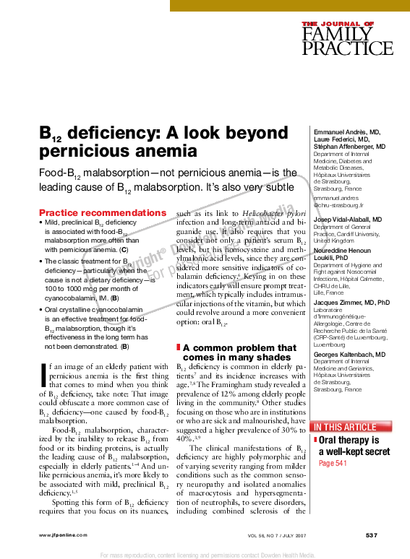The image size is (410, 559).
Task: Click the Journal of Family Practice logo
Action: click(x=338, y=38)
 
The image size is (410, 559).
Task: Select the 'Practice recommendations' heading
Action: click(x=102, y=213)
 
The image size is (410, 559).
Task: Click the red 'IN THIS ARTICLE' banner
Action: click(x=344, y=427)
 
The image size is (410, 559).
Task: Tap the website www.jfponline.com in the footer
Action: click(x=62, y=534)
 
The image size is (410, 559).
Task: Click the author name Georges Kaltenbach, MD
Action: click(x=349, y=355)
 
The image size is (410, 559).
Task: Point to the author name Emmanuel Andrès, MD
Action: click(x=346, y=132)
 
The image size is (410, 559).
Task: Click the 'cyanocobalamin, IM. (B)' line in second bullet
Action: click(x=81, y=297)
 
